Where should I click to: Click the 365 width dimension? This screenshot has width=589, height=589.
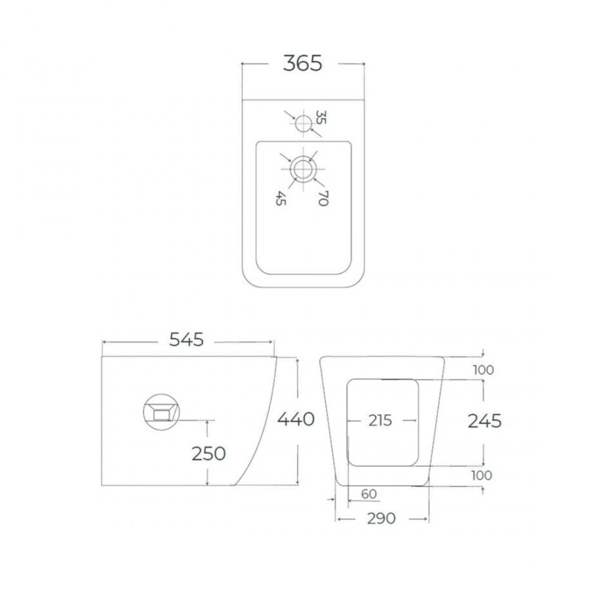(x=302, y=64)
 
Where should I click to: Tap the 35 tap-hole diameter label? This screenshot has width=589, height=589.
(x=321, y=117)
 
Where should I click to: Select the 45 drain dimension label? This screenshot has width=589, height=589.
(x=280, y=198)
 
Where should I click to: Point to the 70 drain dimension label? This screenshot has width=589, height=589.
(x=323, y=198)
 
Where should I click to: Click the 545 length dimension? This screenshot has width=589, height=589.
(x=187, y=340)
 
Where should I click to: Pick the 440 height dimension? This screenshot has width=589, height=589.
(x=296, y=419)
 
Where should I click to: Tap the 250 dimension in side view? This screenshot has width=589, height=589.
(x=209, y=454)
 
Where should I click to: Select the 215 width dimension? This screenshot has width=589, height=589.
(x=380, y=421)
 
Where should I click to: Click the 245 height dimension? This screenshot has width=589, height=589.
(x=485, y=421)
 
